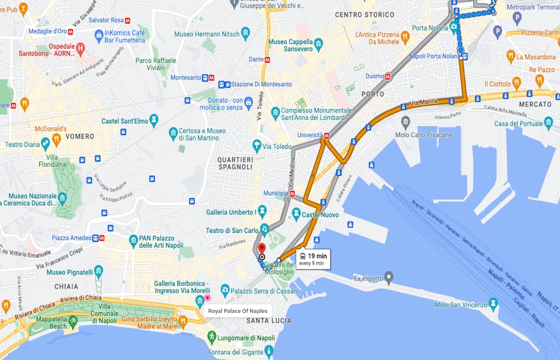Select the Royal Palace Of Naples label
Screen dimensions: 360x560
coord(238,311)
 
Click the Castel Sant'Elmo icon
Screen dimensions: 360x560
coord(153,121)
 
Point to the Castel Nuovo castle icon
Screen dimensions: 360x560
coord(297,214)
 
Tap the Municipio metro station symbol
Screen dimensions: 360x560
coord(293,194)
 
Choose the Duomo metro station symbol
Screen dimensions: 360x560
coord(388,76)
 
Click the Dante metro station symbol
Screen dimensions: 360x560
coord(267,60)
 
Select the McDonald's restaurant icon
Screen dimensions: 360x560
coord(44,140)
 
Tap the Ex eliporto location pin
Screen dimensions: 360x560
coord(388,276)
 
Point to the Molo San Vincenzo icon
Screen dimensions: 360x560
coord(493,303)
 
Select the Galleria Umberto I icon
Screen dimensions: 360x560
coord(263,211)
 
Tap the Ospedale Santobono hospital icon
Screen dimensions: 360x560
coord(81,49)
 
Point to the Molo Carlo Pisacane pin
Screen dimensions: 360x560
coord(406,121)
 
